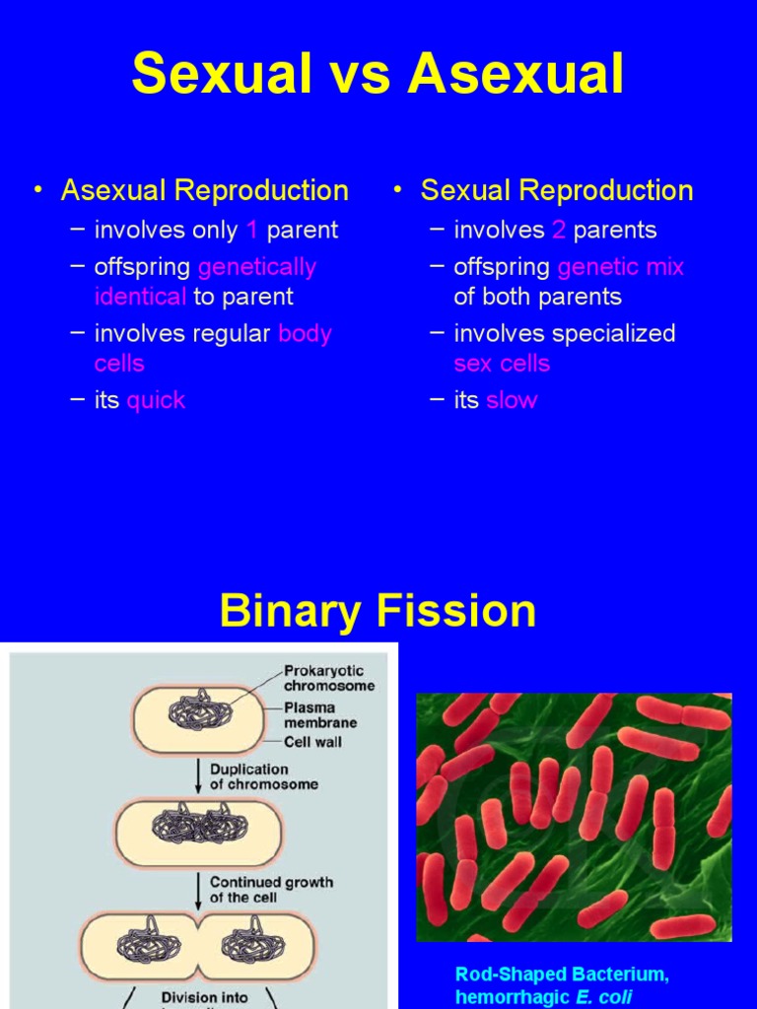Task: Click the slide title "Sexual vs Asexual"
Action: pyautogui.click(x=378, y=74)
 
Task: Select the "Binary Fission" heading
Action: pyautogui.click(x=378, y=611)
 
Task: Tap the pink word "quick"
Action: pyautogui.click(x=156, y=400)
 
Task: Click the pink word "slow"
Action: pyautogui.click(x=511, y=400)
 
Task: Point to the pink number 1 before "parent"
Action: pyautogui.click(x=252, y=231)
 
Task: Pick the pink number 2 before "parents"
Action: pyautogui.click(x=559, y=231)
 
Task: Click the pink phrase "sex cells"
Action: pyautogui.click(x=502, y=364)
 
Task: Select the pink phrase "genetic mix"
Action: pyautogui.click(x=620, y=267)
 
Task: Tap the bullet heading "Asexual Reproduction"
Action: pyautogui.click(x=204, y=190)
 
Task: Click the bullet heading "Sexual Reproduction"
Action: pyautogui.click(x=557, y=190)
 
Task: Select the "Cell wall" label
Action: pyautogui.click(x=313, y=741)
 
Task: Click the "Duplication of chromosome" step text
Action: pyautogui.click(x=263, y=776)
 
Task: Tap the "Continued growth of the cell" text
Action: pyautogui.click(x=271, y=890)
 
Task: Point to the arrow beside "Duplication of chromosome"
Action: pyautogui.click(x=198, y=775)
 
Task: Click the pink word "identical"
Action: pyautogui.click(x=140, y=297)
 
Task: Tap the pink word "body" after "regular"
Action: pyautogui.click(x=305, y=334)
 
